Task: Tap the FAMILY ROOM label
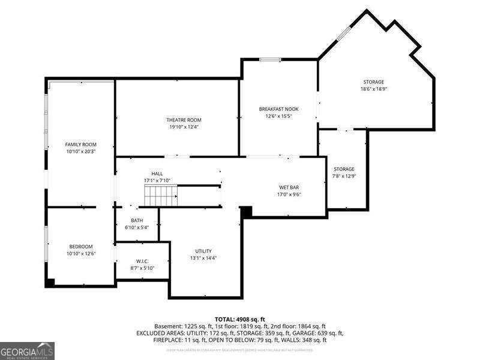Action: (x=80, y=145)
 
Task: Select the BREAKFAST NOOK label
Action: (x=278, y=109)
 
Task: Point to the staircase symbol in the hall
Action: (x=160, y=196)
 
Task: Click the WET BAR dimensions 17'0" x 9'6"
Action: (x=289, y=194)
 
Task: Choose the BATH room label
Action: (x=137, y=220)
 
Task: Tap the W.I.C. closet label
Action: (x=142, y=261)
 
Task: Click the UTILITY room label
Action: (x=203, y=251)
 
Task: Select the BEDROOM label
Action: (x=80, y=247)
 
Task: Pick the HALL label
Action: (x=157, y=173)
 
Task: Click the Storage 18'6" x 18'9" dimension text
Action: (x=373, y=89)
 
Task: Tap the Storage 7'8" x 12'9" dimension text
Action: (x=344, y=176)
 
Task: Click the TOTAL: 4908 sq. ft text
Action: (x=240, y=319)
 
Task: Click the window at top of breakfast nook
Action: (x=271, y=59)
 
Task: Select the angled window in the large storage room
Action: (x=343, y=31)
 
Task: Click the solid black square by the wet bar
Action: (x=246, y=211)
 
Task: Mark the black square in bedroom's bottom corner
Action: (x=50, y=282)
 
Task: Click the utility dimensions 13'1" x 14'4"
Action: (x=203, y=258)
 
